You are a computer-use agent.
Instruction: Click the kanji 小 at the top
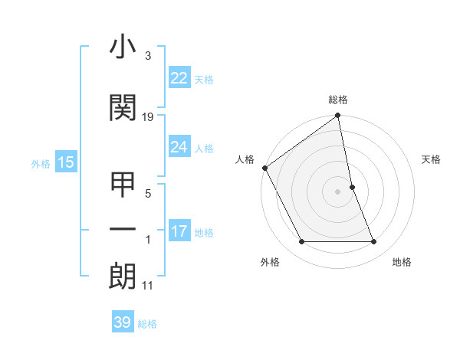pos(123,49)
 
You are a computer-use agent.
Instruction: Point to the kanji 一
pos(123,229)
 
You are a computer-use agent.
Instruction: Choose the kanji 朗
pos(123,277)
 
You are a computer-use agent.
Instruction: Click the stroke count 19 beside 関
pos(148,117)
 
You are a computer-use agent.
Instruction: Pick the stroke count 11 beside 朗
pos(148,286)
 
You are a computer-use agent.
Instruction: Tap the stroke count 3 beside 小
pos(147,57)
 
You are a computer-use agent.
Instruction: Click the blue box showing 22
pos(179,78)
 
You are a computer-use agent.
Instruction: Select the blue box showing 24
pos(179,147)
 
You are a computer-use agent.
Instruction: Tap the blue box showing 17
pos(179,231)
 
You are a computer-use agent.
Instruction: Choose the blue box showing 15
pos(65,162)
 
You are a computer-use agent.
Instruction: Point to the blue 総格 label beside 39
pos(148,324)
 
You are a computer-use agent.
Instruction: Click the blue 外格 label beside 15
pos(41,164)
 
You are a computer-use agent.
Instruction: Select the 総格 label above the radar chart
pos(338,100)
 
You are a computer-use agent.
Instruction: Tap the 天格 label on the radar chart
pos(432,159)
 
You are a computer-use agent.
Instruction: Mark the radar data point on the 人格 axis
pos(264,168)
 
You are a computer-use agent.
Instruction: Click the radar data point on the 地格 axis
pos(374,242)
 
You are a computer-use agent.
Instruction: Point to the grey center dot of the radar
pos(338,191)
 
